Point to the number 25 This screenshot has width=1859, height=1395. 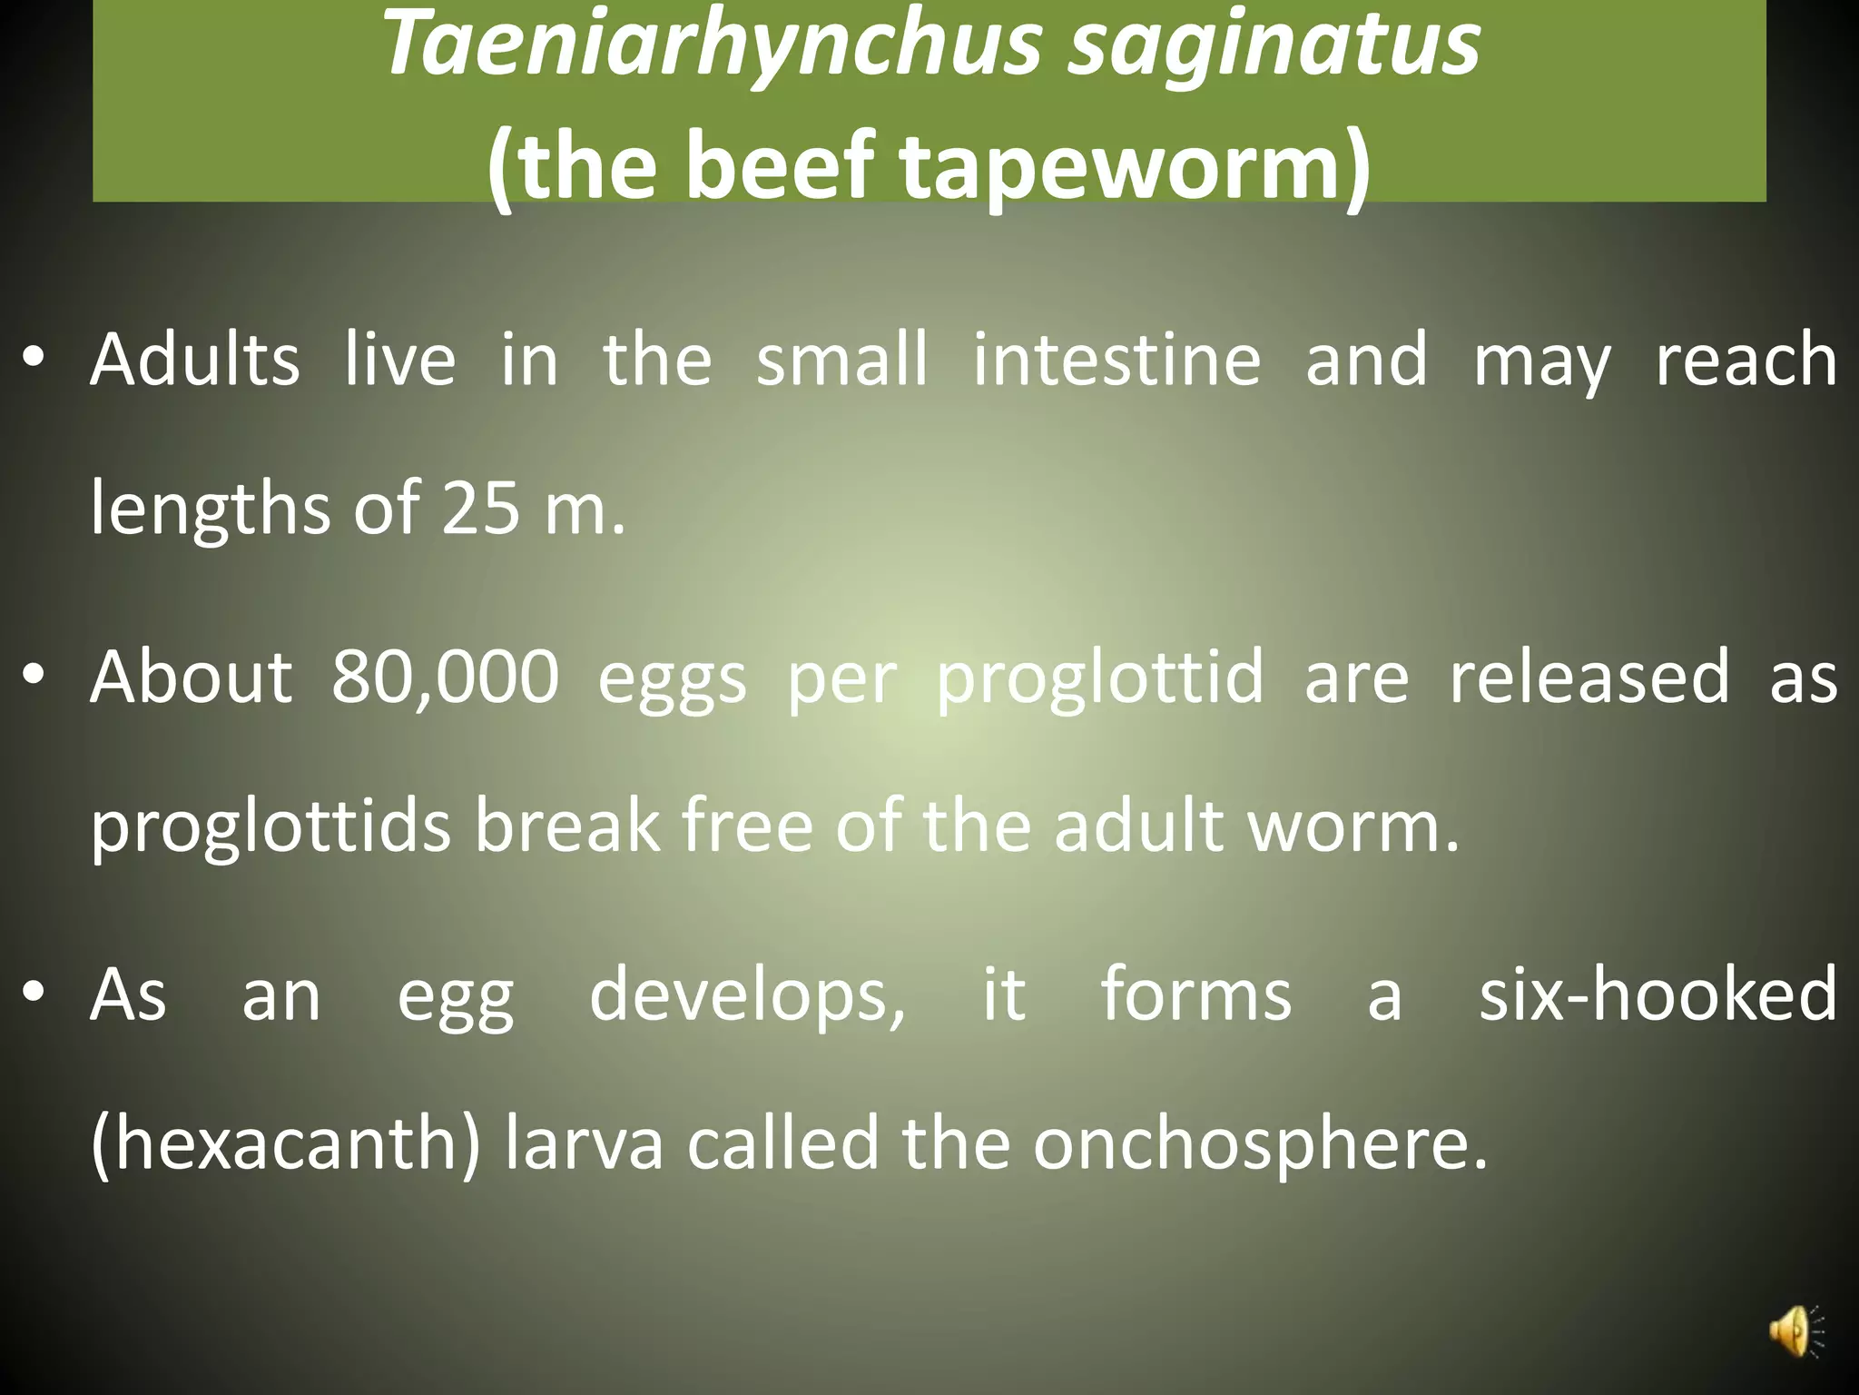pos(480,508)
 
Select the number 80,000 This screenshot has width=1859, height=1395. pos(445,678)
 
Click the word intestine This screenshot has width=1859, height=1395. pos(1116,360)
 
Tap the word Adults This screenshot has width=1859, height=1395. pos(194,360)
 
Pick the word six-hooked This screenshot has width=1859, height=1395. pos(1657,995)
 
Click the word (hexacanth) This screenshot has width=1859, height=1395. pos(285,1143)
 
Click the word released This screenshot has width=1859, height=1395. pos(1589,678)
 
